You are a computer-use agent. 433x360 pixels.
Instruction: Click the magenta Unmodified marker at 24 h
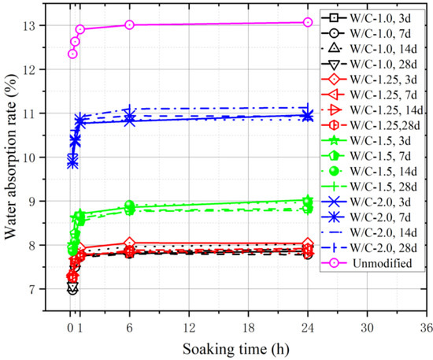(x=308, y=22)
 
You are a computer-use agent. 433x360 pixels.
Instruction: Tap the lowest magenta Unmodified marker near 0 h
(x=72, y=54)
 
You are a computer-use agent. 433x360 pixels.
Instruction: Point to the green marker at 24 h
(x=308, y=201)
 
